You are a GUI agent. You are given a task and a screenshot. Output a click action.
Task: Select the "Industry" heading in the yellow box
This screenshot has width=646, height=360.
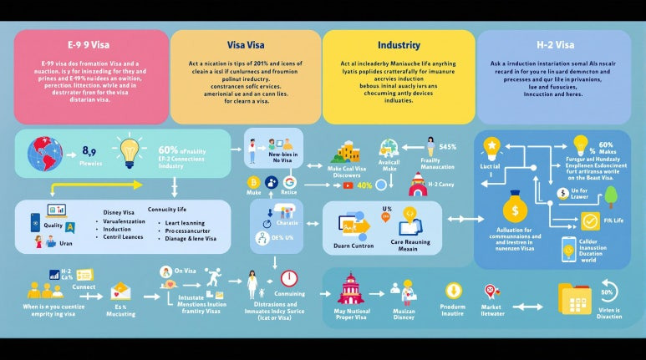pos(399,45)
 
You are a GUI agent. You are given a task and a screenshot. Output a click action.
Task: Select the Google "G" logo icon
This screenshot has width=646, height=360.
pos(289,182)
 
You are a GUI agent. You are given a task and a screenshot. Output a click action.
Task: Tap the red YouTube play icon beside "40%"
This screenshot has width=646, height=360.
pos(348,185)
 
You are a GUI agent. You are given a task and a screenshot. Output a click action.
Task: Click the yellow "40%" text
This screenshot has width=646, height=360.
pos(364,185)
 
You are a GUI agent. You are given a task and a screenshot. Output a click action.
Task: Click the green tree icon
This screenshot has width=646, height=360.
pos(609,197)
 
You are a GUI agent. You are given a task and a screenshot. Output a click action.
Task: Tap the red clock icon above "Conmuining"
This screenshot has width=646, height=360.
pos(289,278)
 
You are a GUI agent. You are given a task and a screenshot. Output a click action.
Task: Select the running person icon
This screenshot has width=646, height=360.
pos(214,278)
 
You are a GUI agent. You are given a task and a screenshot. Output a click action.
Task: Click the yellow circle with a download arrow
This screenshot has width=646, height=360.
pos(454,291)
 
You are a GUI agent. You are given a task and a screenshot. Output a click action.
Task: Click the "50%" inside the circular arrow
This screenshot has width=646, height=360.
pos(608,292)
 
